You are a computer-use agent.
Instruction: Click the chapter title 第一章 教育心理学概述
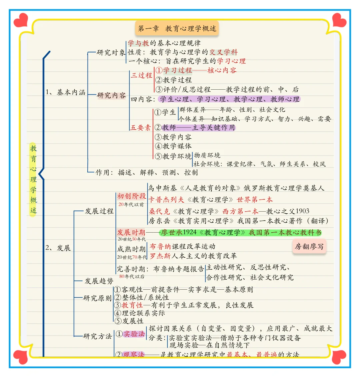tap(177, 29)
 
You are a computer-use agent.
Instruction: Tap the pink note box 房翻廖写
tap(309, 247)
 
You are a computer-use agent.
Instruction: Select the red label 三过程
tap(141, 75)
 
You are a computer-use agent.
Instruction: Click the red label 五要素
tap(141, 128)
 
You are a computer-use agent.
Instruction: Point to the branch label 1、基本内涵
tap(65, 92)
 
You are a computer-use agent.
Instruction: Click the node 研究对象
tap(111, 52)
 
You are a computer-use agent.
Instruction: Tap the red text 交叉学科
tap(223, 52)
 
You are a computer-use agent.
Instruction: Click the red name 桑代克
tap(159, 211)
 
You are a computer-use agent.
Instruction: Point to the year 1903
tap(302, 211)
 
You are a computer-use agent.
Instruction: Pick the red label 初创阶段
tap(131, 196)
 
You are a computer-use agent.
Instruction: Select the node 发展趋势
tap(99, 281)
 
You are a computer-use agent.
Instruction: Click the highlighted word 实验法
tap(134, 334)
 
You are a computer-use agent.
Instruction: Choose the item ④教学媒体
tap(173, 146)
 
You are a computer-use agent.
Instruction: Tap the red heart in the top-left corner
tap(21, 20)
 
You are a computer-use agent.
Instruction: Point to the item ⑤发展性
tap(129, 321)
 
